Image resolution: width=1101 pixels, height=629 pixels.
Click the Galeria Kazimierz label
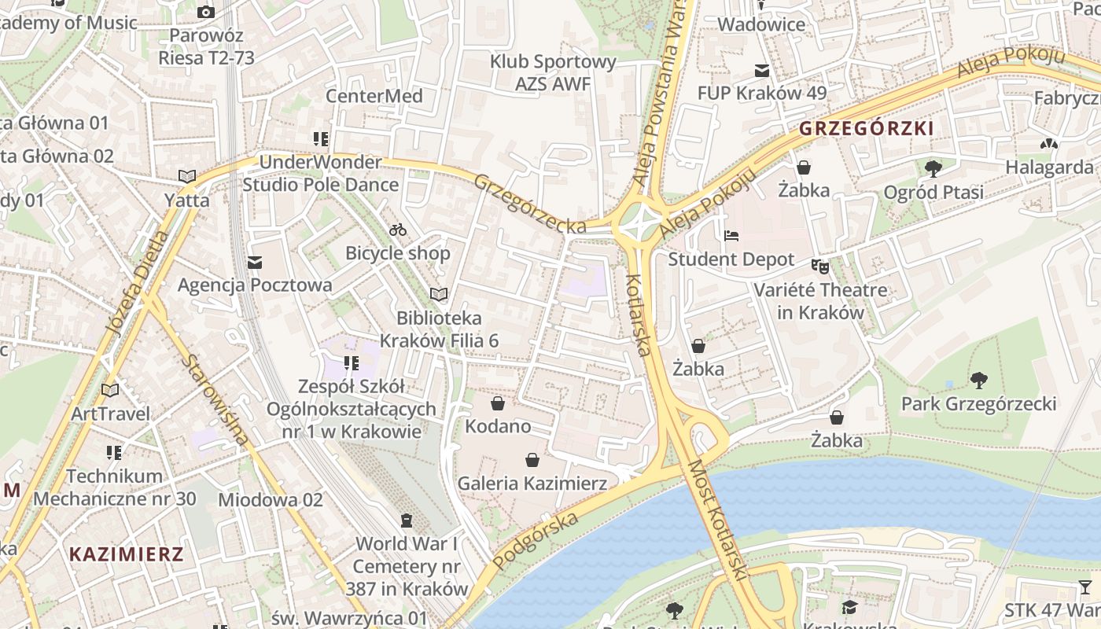[x=532, y=483]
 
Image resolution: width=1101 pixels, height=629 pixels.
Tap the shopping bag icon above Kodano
[x=497, y=404]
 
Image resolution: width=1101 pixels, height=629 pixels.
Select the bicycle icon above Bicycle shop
[x=398, y=230]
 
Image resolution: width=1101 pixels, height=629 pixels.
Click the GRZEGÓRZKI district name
[x=866, y=128]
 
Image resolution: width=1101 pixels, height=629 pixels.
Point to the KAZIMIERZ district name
[x=126, y=554]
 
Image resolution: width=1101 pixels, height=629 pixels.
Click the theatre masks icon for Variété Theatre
[x=821, y=267]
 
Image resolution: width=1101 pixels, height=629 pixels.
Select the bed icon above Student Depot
[x=731, y=236]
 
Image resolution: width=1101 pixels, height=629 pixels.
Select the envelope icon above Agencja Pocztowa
[x=255, y=262]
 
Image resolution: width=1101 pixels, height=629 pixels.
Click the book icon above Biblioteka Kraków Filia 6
[x=439, y=295]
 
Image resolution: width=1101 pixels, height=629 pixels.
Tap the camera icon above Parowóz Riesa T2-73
[x=206, y=12]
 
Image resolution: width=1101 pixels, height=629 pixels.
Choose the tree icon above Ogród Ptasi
[x=933, y=168]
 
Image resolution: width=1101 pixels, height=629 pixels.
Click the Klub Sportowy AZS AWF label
[x=553, y=72]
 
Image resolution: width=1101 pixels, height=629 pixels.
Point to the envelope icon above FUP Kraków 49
[x=761, y=71]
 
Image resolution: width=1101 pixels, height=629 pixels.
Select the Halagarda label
[x=1049, y=167]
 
